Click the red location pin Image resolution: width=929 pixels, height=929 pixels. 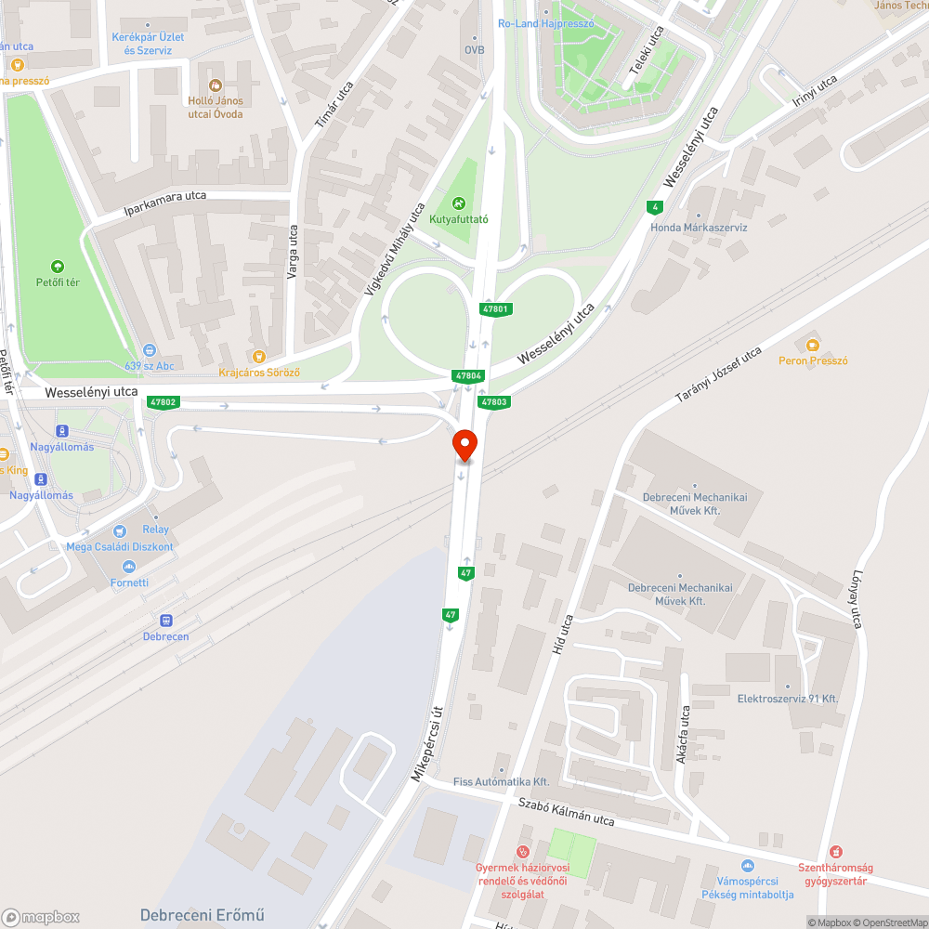[x=464, y=444]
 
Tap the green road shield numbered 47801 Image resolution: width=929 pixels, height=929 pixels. [x=495, y=308]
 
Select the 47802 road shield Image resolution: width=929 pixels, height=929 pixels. [x=162, y=402]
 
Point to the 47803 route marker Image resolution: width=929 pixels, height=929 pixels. [x=493, y=402]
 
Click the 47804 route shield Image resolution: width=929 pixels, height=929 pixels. [x=468, y=375]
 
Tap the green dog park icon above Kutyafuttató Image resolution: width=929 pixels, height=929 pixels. [x=458, y=203]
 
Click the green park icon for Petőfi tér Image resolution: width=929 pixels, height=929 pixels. [x=58, y=267]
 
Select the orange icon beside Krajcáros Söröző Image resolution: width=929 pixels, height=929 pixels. [x=258, y=356]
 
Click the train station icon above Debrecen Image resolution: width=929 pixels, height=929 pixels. [x=166, y=621]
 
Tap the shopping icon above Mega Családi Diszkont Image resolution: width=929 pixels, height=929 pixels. [x=119, y=531]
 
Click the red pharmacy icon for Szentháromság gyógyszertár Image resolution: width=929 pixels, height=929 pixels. [x=834, y=852]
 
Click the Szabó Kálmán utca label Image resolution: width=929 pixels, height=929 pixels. [x=566, y=813]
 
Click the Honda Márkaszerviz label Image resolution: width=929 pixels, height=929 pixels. [x=699, y=228]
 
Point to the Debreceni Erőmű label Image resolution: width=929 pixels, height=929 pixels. [x=203, y=914]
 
